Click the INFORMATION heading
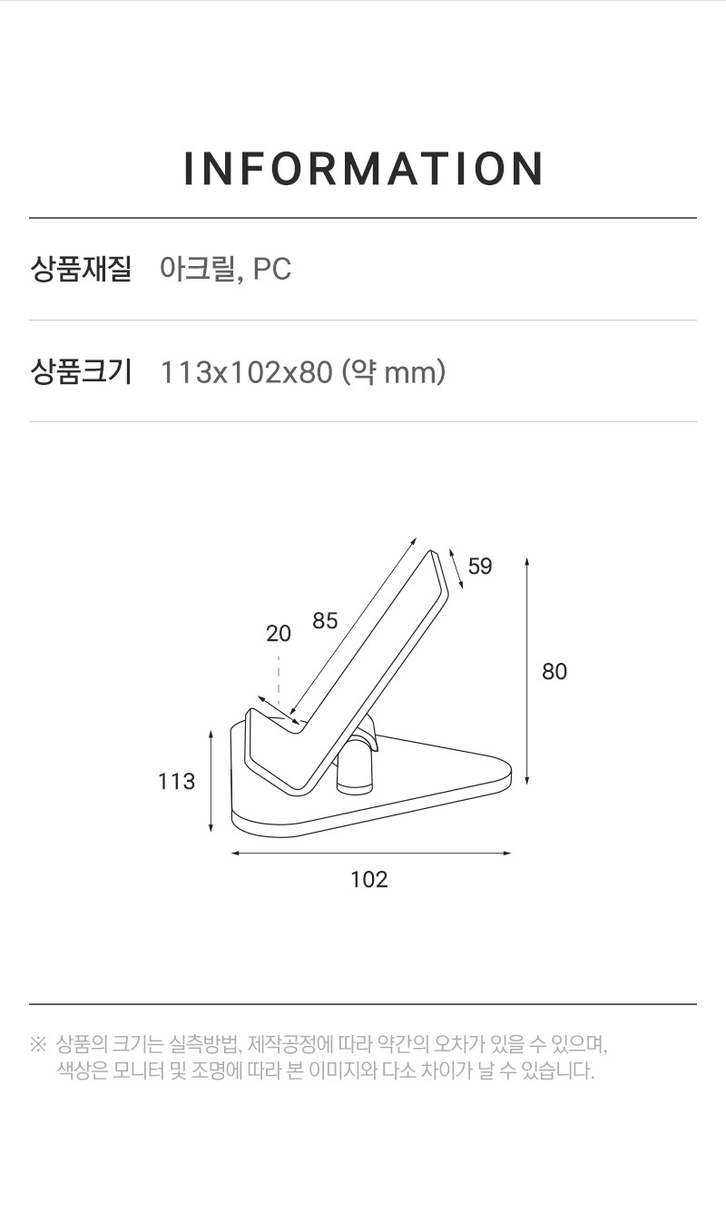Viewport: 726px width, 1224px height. tap(363, 168)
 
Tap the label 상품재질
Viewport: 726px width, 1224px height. tap(80, 269)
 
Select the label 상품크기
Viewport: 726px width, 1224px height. tap(80, 372)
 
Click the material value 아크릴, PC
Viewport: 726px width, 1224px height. tap(226, 269)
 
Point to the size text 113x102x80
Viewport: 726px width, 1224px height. tap(246, 372)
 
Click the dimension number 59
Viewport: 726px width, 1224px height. tap(480, 566)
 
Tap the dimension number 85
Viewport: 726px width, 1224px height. tap(325, 621)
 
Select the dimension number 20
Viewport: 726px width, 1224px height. tap(279, 634)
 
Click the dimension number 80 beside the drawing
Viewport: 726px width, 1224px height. tap(554, 672)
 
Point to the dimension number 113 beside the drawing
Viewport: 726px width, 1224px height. tap(176, 782)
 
